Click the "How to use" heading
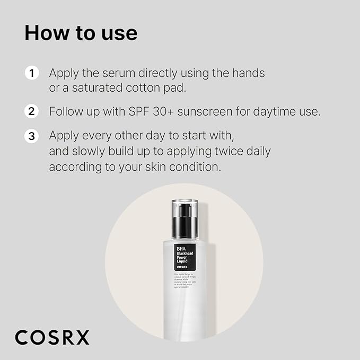point(81,33)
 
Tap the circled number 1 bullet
point(32,73)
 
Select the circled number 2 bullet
point(32,112)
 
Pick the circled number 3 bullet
point(32,136)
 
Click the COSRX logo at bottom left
point(52,337)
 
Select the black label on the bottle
point(185,257)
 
